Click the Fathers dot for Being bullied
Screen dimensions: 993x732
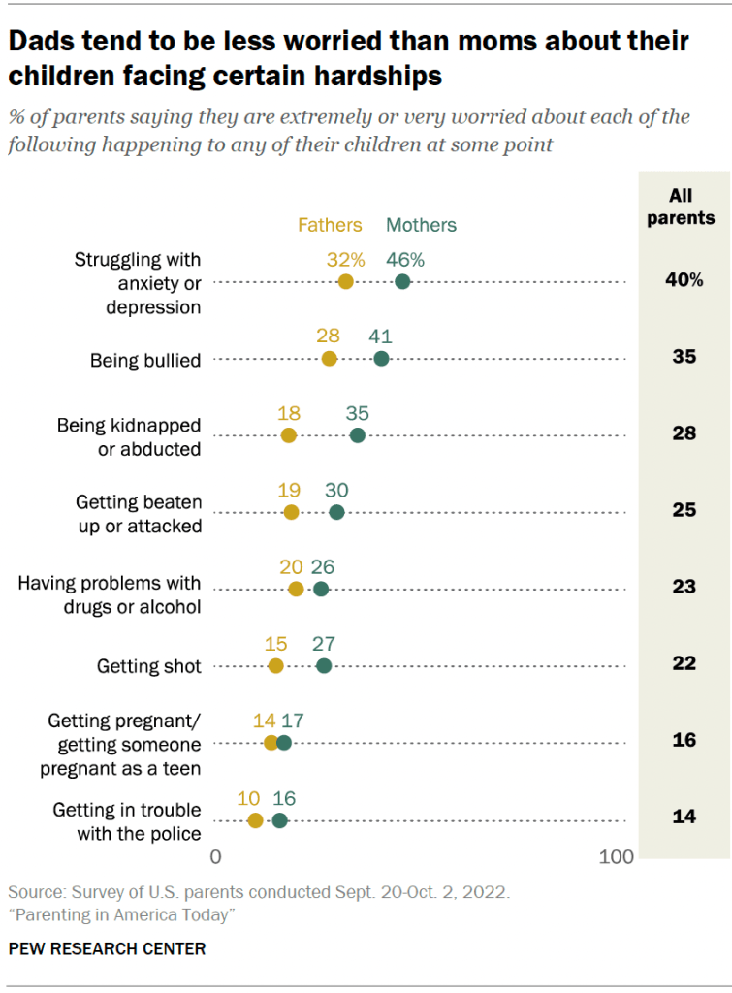tap(329, 359)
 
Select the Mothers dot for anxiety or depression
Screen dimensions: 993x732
tap(402, 281)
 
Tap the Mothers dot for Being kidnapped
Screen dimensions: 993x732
tap(358, 434)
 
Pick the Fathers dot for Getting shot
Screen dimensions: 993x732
tap(275, 665)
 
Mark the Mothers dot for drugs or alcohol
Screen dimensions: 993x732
tap(321, 589)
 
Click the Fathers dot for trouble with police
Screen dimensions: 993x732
tap(255, 820)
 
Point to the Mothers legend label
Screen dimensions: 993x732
tap(421, 225)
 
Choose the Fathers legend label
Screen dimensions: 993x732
tap(330, 225)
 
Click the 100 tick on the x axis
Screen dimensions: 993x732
tap(617, 857)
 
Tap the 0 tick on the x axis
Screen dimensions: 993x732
tap(216, 857)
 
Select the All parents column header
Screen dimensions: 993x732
tap(681, 208)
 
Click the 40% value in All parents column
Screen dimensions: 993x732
tap(684, 281)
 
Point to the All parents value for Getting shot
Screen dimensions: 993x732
tap(684, 665)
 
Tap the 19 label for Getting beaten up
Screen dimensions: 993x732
tap(289, 490)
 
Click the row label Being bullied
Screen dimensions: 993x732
tap(145, 361)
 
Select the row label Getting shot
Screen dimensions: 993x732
tap(149, 666)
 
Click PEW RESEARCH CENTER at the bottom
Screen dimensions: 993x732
tap(107, 948)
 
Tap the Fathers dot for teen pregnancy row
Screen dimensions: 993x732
tap(271, 743)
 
